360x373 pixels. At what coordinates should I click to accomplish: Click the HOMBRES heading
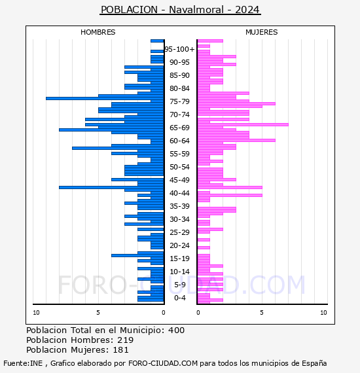coord(98,32)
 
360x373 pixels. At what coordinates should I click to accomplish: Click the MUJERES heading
coord(262,32)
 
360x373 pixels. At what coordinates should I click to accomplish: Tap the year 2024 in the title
coord(247,10)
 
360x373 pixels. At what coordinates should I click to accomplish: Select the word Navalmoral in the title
coord(196,10)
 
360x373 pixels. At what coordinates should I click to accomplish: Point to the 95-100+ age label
coord(179,49)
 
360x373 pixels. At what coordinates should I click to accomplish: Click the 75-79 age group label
coord(179,101)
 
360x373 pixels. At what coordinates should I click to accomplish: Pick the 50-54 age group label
coord(179,167)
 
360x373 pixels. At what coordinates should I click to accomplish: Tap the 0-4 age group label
coord(180,298)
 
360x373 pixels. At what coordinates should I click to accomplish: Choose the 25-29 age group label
coord(179,232)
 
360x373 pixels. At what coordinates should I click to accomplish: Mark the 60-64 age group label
coord(179,141)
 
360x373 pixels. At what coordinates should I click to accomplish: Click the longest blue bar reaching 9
coord(105,98)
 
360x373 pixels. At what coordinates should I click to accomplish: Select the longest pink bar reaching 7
coord(243,124)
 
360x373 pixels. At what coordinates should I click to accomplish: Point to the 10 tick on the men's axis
coord(36,313)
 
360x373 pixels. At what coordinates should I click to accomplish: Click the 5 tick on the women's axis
coord(262,313)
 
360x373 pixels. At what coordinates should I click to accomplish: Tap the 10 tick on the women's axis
coord(323,313)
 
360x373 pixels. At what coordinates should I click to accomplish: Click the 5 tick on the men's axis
coord(98,313)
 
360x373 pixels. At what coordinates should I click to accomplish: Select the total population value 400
coord(176,330)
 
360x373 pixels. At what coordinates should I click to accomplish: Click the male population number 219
coord(126,340)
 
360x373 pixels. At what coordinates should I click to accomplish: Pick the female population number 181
coord(120,350)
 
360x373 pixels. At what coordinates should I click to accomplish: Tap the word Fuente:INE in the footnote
coord(23,363)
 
